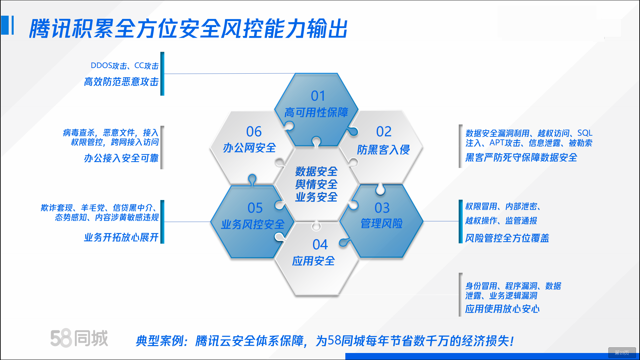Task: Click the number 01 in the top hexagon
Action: (318, 96)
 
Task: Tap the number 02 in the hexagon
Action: (384, 132)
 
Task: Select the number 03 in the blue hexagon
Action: (382, 208)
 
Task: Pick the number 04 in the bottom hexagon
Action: (320, 245)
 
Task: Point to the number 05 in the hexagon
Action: (255, 208)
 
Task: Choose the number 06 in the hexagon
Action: (254, 132)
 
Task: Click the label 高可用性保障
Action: (316, 113)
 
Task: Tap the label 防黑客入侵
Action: (383, 150)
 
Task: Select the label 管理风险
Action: (382, 223)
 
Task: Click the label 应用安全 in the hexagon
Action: (313, 261)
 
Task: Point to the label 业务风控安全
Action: (253, 224)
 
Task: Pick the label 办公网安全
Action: (249, 148)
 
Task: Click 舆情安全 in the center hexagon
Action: (316, 184)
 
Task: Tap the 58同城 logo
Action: (79, 338)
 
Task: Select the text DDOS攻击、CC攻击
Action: (125, 66)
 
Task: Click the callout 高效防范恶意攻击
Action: (121, 82)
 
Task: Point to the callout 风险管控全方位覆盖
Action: (507, 238)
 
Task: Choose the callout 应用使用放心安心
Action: (502, 309)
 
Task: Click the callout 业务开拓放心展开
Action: (121, 237)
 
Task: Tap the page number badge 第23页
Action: (622, 353)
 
